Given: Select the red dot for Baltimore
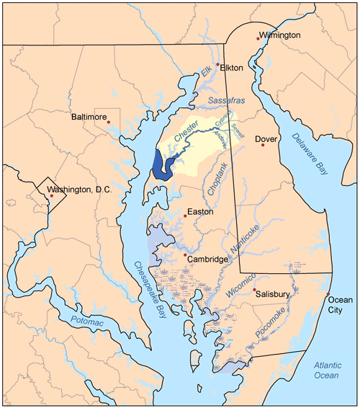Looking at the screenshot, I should (x=109, y=123).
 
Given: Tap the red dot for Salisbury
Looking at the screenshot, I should (x=255, y=290).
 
